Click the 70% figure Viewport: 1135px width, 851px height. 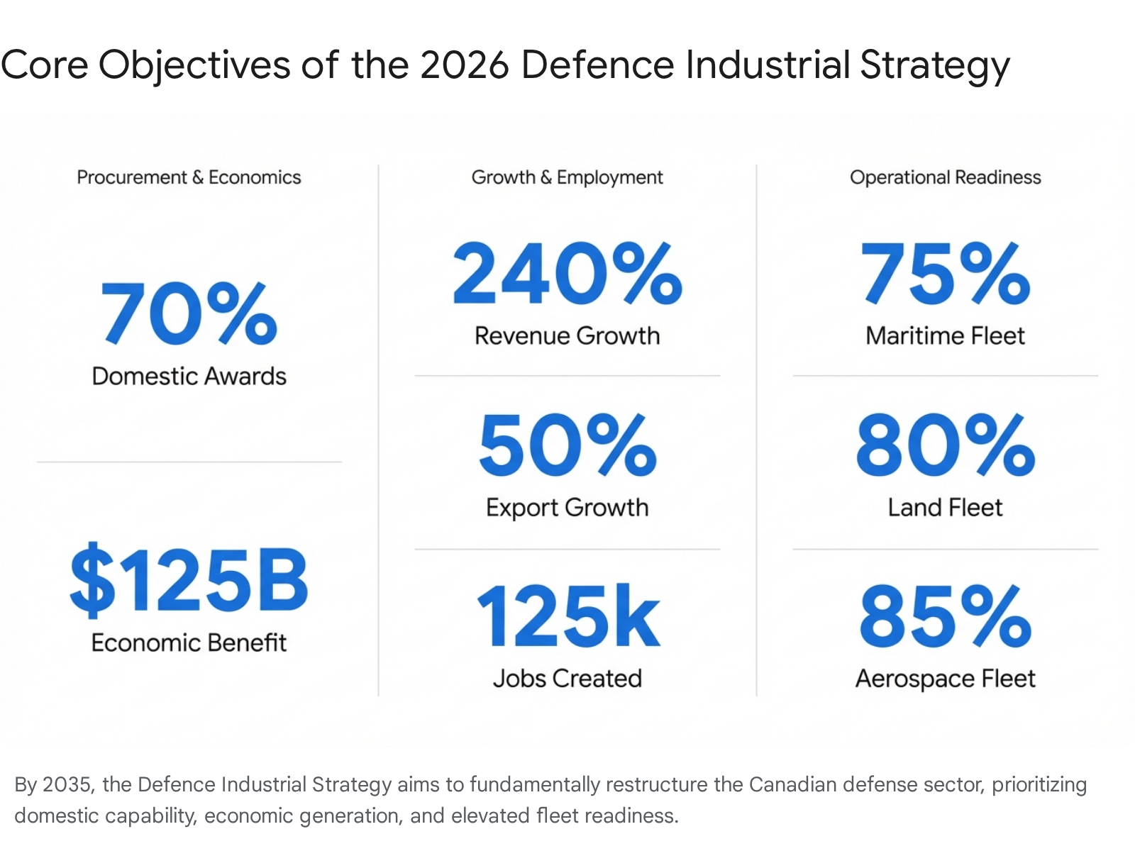coord(189,313)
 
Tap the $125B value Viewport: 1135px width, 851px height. coord(189,579)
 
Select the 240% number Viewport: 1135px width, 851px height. coord(567,273)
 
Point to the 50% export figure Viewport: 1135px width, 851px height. coord(567,445)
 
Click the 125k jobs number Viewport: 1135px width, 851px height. coord(567,616)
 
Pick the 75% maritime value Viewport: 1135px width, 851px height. coord(945,273)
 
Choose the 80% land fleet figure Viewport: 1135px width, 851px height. coord(945,445)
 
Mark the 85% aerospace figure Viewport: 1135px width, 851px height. coord(945,616)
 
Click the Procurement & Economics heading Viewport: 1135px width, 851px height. coord(189,177)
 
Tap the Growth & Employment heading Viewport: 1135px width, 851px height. coord(567,177)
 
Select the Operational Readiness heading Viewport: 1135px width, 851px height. coord(945,177)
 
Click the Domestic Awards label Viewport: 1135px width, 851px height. coord(189,376)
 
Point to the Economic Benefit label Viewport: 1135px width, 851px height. coord(189,643)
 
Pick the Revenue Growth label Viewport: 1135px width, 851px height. coord(567,335)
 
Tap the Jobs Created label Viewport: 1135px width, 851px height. coord(567,679)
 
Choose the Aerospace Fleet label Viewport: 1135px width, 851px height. coord(945,679)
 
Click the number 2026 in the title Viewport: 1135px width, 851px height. coord(465,65)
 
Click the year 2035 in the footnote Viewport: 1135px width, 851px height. coord(67,784)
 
